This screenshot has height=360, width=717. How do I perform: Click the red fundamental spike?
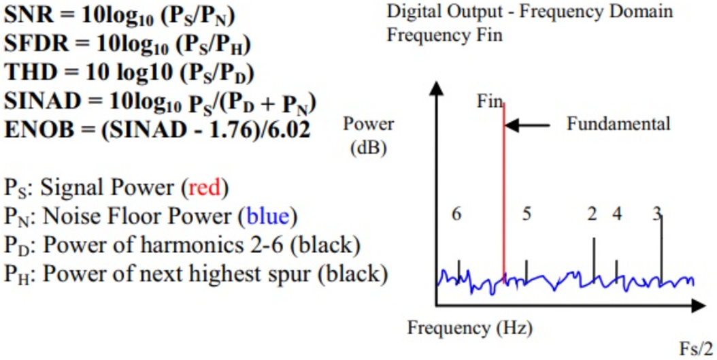tap(503, 191)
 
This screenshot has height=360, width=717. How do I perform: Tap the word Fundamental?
tap(618, 124)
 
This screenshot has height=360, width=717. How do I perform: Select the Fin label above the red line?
tap(489, 102)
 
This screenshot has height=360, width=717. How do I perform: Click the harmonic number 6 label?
tap(456, 214)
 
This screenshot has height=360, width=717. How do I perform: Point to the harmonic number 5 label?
tap(526, 214)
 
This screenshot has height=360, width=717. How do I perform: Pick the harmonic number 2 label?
tap(593, 214)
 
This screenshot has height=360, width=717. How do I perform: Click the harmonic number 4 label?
tap(617, 214)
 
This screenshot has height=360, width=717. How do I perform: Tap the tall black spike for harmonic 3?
tap(661, 245)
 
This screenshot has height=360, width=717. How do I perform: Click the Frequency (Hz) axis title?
tap(469, 328)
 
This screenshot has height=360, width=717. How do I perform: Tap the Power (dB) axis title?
tap(368, 136)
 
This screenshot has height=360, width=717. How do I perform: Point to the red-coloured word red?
tap(205, 188)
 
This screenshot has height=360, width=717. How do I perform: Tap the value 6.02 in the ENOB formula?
tap(285, 129)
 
